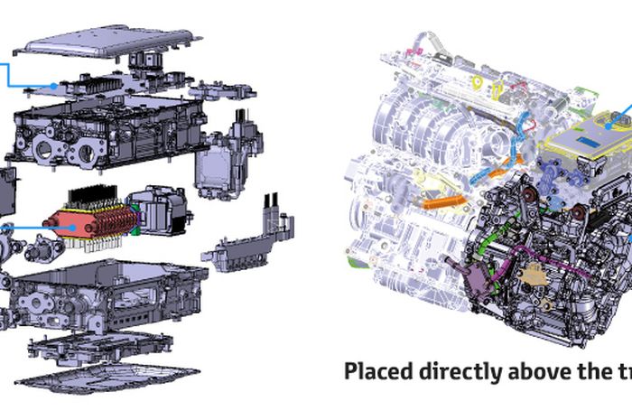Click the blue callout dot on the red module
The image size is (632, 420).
(72, 228)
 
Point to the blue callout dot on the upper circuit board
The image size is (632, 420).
(53, 86)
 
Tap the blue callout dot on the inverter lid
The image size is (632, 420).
(609, 126)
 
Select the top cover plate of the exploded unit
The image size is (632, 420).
(108, 42)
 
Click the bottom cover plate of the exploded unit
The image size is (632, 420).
(107, 379)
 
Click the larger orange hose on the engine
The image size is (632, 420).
(444, 201)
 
